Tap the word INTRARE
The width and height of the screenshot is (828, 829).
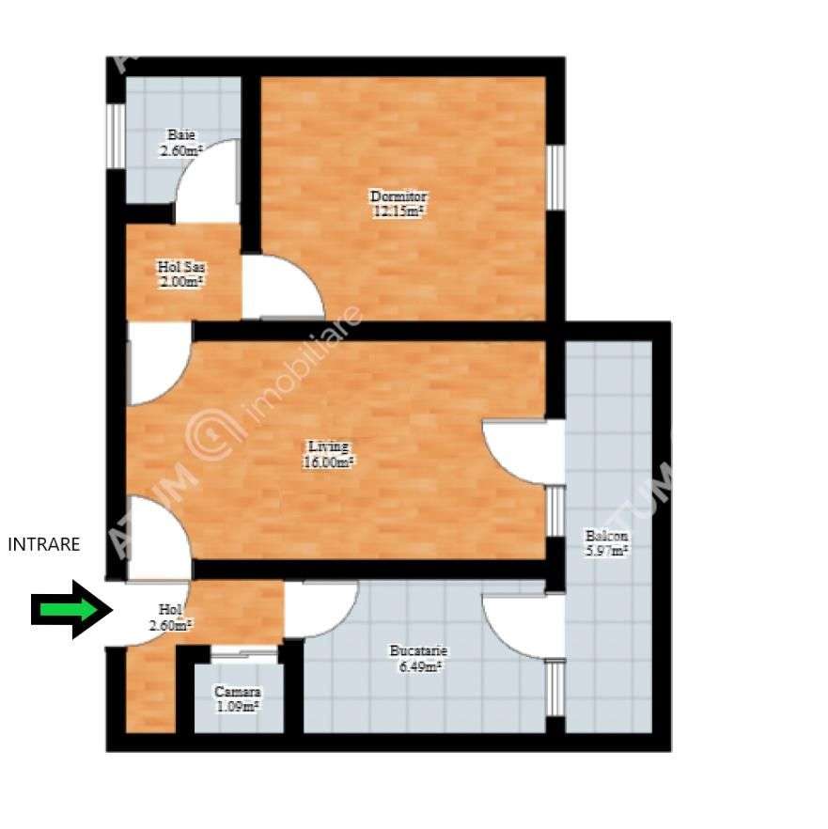click(x=44, y=543)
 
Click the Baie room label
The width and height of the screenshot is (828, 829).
click(x=181, y=134)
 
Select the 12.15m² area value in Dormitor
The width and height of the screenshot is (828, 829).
click(x=398, y=211)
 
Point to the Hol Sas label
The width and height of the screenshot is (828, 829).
click(x=181, y=267)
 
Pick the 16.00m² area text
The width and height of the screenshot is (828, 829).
click(x=328, y=461)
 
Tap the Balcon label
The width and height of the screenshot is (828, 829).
click(x=607, y=537)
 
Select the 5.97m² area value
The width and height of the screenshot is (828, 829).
click(x=607, y=552)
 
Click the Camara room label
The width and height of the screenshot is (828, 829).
click(x=237, y=692)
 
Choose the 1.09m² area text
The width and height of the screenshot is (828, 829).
click(x=237, y=706)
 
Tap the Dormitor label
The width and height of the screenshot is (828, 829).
click(x=398, y=196)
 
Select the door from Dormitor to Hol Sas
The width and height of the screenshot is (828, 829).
click(x=282, y=287)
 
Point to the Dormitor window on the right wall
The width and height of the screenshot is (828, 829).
click(x=555, y=178)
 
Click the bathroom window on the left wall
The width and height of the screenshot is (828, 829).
click(x=115, y=135)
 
